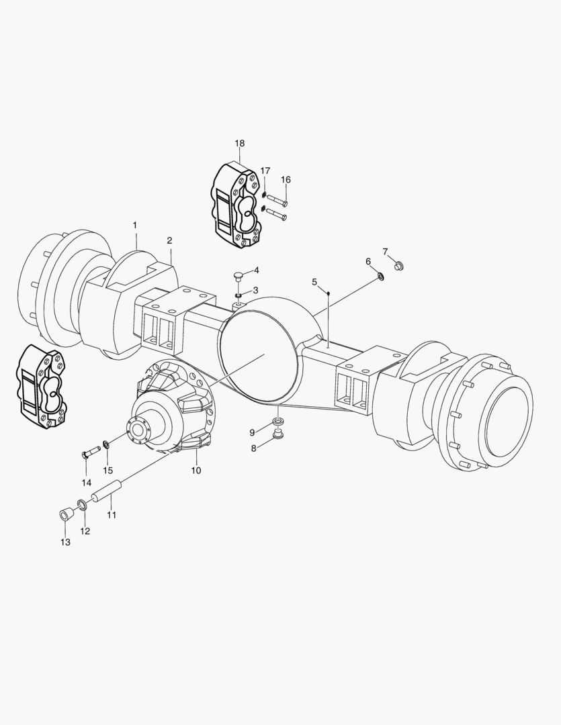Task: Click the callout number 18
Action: (240, 144)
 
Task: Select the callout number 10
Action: (196, 471)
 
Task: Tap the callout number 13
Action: (64, 542)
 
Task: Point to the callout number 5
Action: (314, 282)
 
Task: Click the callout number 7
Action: (386, 252)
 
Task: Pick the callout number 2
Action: (169, 240)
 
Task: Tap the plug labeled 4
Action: (239, 275)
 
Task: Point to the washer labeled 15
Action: (106, 444)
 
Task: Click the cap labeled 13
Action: (65, 516)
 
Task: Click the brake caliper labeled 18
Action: (236, 205)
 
